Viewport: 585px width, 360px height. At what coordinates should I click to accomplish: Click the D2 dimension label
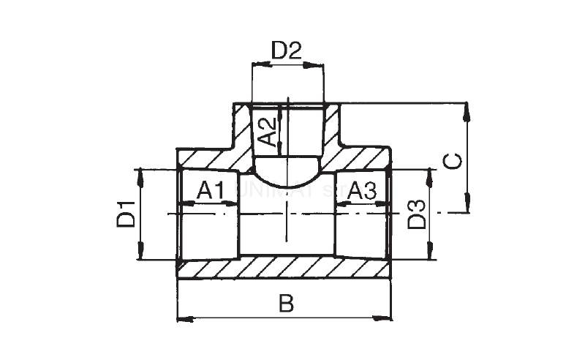287,51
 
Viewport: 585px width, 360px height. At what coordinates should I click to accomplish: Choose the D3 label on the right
416,213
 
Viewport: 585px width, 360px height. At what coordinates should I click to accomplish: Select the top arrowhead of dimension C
466,109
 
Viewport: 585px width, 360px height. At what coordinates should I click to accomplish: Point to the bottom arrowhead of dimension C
466,207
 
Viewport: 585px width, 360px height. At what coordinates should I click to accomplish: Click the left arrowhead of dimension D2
256,64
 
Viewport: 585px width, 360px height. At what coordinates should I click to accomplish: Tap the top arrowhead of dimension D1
138,174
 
